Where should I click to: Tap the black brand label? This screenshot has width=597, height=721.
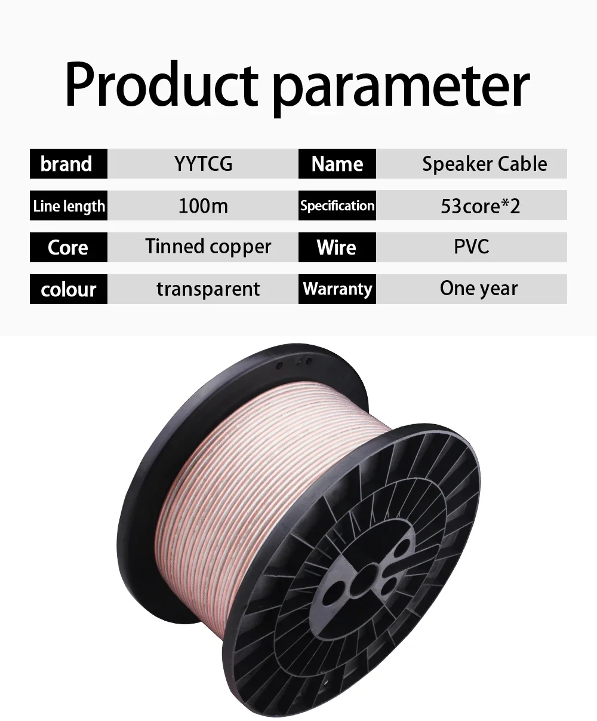pos(69,164)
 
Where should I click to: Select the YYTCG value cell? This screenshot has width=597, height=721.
pos(203,164)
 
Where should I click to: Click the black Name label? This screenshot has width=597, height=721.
pos(337,164)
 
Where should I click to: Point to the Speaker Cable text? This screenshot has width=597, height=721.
pos(485,164)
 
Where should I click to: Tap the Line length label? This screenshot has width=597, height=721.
pos(69,205)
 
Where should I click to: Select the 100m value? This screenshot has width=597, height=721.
pos(203,206)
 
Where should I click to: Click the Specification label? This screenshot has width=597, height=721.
pos(337,205)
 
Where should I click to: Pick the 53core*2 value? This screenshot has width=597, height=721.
pos(481,206)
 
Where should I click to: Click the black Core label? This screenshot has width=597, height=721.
pos(69,247)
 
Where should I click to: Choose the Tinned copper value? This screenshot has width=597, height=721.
pos(208,247)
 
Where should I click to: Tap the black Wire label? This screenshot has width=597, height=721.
pos(337,247)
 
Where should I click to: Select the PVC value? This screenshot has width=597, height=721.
pos(472,247)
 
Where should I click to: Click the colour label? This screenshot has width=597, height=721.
pos(69,289)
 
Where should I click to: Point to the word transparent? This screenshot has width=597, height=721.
pos(208,289)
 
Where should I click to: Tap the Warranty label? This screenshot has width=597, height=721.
pos(337,289)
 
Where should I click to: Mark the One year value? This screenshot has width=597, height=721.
pos(479,289)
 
